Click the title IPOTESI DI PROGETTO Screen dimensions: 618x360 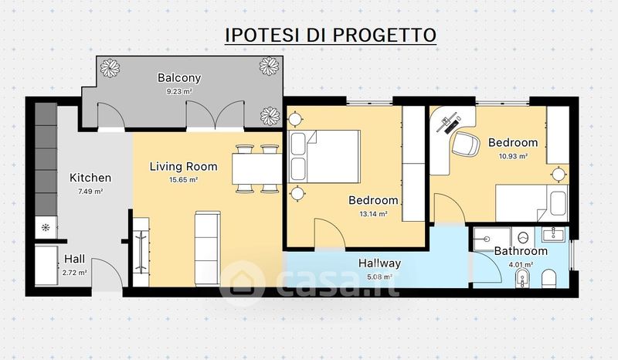(331, 35)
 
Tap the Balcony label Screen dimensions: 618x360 (179, 78)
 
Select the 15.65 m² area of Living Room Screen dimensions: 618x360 (183, 180)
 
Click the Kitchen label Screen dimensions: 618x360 (90, 178)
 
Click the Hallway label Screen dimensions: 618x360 (379, 263)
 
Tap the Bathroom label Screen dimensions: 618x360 (521, 251)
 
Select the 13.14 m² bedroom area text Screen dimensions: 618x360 (373, 214)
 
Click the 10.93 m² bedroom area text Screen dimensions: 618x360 (513, 156)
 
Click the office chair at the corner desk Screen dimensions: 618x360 (466, 144)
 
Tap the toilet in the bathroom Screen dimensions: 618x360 (548, 279)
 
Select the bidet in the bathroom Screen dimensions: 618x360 (523, 279)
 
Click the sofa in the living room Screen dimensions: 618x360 (207, 249)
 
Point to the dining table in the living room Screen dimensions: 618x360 (257, 168)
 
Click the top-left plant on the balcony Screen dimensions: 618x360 (110, 68)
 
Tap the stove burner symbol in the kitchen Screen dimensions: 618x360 (46, 228)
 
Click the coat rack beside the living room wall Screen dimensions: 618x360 (141, 252)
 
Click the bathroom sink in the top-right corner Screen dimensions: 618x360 (554, 235)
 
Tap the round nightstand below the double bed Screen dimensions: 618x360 (297, 194)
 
